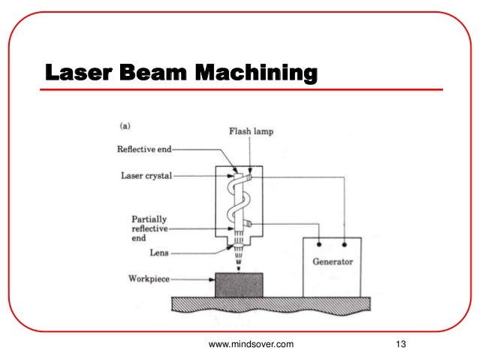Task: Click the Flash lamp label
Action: [251, 132]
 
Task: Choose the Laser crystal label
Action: [147, 177]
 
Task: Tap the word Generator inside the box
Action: [333, 262]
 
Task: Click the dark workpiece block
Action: [238, 284]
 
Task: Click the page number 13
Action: [399, 344]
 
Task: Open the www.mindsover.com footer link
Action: [251, 344]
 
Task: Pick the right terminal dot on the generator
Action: [344, 244]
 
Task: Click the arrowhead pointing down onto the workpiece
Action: [239, 266]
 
